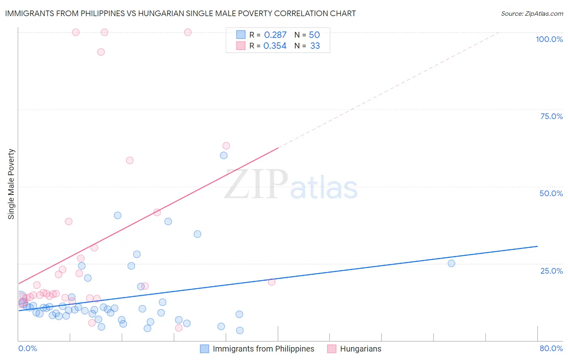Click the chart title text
(180, 13)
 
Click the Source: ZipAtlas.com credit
(532, 13)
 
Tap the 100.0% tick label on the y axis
(549, 39)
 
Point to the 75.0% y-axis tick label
(551, 116)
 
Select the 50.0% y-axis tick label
(551, 193)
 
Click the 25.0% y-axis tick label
(551, 270)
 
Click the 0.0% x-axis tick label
(27, 348)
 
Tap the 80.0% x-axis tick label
(551, 348)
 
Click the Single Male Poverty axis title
(11, 184)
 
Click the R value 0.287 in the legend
(275, 35)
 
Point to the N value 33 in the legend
(315, 46)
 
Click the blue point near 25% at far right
(451, 263)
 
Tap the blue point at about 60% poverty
(223, 155)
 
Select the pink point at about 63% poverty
(226, 146)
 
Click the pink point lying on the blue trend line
(271, 282)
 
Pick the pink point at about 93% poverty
(101, 52)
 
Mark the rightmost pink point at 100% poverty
(187, 32)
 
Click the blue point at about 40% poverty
(118, 215)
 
